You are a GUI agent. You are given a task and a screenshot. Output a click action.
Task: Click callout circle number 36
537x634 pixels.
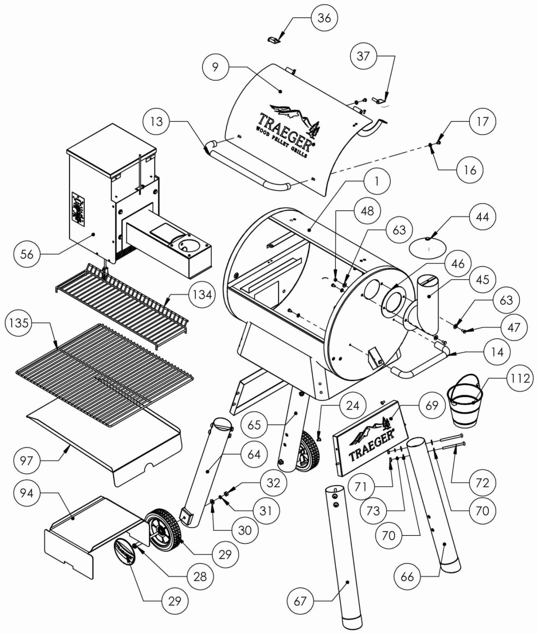click(324, 18)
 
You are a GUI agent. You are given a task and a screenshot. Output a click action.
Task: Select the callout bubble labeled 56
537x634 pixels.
click(27, 254)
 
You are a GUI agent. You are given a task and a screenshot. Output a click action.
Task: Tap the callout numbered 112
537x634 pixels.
click(520, 378)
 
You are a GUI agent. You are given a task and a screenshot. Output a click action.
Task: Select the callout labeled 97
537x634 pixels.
click(27, 461)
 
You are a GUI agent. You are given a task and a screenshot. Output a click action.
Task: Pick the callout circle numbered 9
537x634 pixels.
click(215, 67)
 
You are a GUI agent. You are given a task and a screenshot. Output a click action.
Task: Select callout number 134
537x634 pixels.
click(202, 295)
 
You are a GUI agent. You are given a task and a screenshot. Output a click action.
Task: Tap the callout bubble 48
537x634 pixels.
click(367, 211)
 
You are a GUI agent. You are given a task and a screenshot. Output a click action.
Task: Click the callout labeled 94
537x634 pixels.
click(27, 493)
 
